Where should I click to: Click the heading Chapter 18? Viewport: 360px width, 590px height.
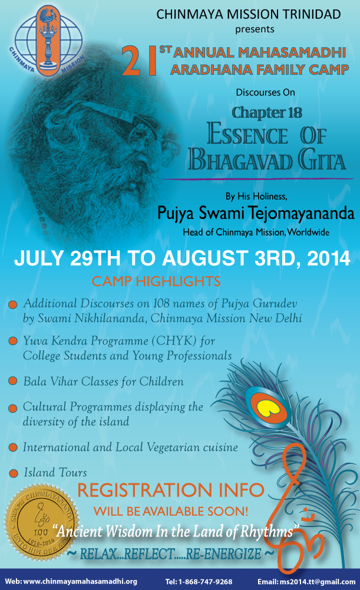tap(267, 113)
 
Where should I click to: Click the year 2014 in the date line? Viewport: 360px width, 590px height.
tap(329, 258)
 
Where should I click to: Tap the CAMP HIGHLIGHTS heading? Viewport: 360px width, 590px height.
tap(156, 281)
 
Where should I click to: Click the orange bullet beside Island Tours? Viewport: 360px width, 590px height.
tap(14, 473)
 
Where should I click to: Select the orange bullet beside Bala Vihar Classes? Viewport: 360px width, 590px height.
tap(13, 381)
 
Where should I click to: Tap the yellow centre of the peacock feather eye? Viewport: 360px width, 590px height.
tap(267, 408)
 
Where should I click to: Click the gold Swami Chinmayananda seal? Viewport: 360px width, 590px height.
tap(41, 522)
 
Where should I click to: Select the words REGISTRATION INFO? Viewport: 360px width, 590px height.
tap(171, 490)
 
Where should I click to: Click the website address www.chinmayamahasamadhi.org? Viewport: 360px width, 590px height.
tap(80, 582)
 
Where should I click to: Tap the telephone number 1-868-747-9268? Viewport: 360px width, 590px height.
tap(205, 582)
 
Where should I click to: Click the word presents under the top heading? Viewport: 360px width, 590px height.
tap(255, 29)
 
